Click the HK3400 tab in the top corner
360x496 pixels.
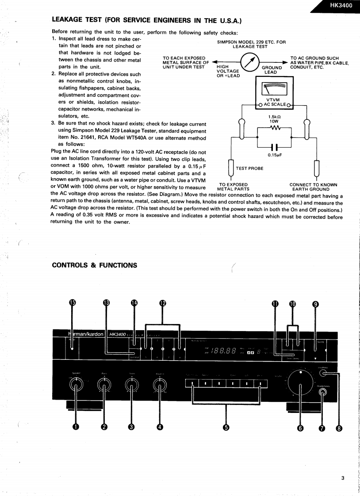tap(341, 6)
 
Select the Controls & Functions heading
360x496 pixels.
tap(95, 265)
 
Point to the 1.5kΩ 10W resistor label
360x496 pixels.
tap(275, 119)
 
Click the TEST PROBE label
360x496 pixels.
tap(249, 168)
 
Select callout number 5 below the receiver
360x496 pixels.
tap(226, 427)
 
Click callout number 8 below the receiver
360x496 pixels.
tap(339, 427)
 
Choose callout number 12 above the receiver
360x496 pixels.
tap(163, 303)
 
